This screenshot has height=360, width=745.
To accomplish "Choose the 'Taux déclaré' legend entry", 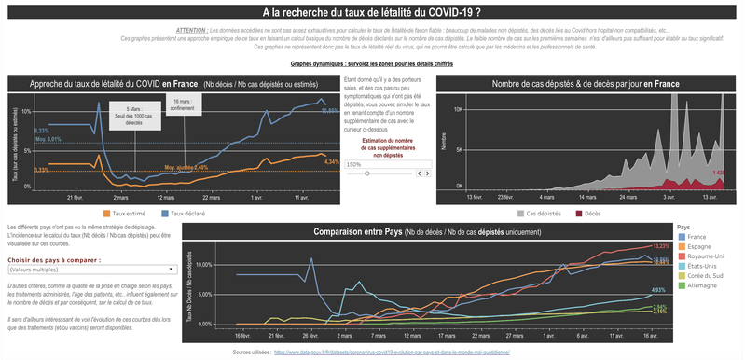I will (186, 214).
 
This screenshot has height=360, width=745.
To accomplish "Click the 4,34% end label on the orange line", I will (331, 162).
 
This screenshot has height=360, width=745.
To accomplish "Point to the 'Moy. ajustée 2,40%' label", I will (186, 168).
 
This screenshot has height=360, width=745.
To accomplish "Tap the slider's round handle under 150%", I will (367, 173).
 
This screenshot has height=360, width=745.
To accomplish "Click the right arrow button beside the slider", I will (428, 173).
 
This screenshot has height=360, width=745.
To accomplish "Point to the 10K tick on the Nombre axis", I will (458, 109).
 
